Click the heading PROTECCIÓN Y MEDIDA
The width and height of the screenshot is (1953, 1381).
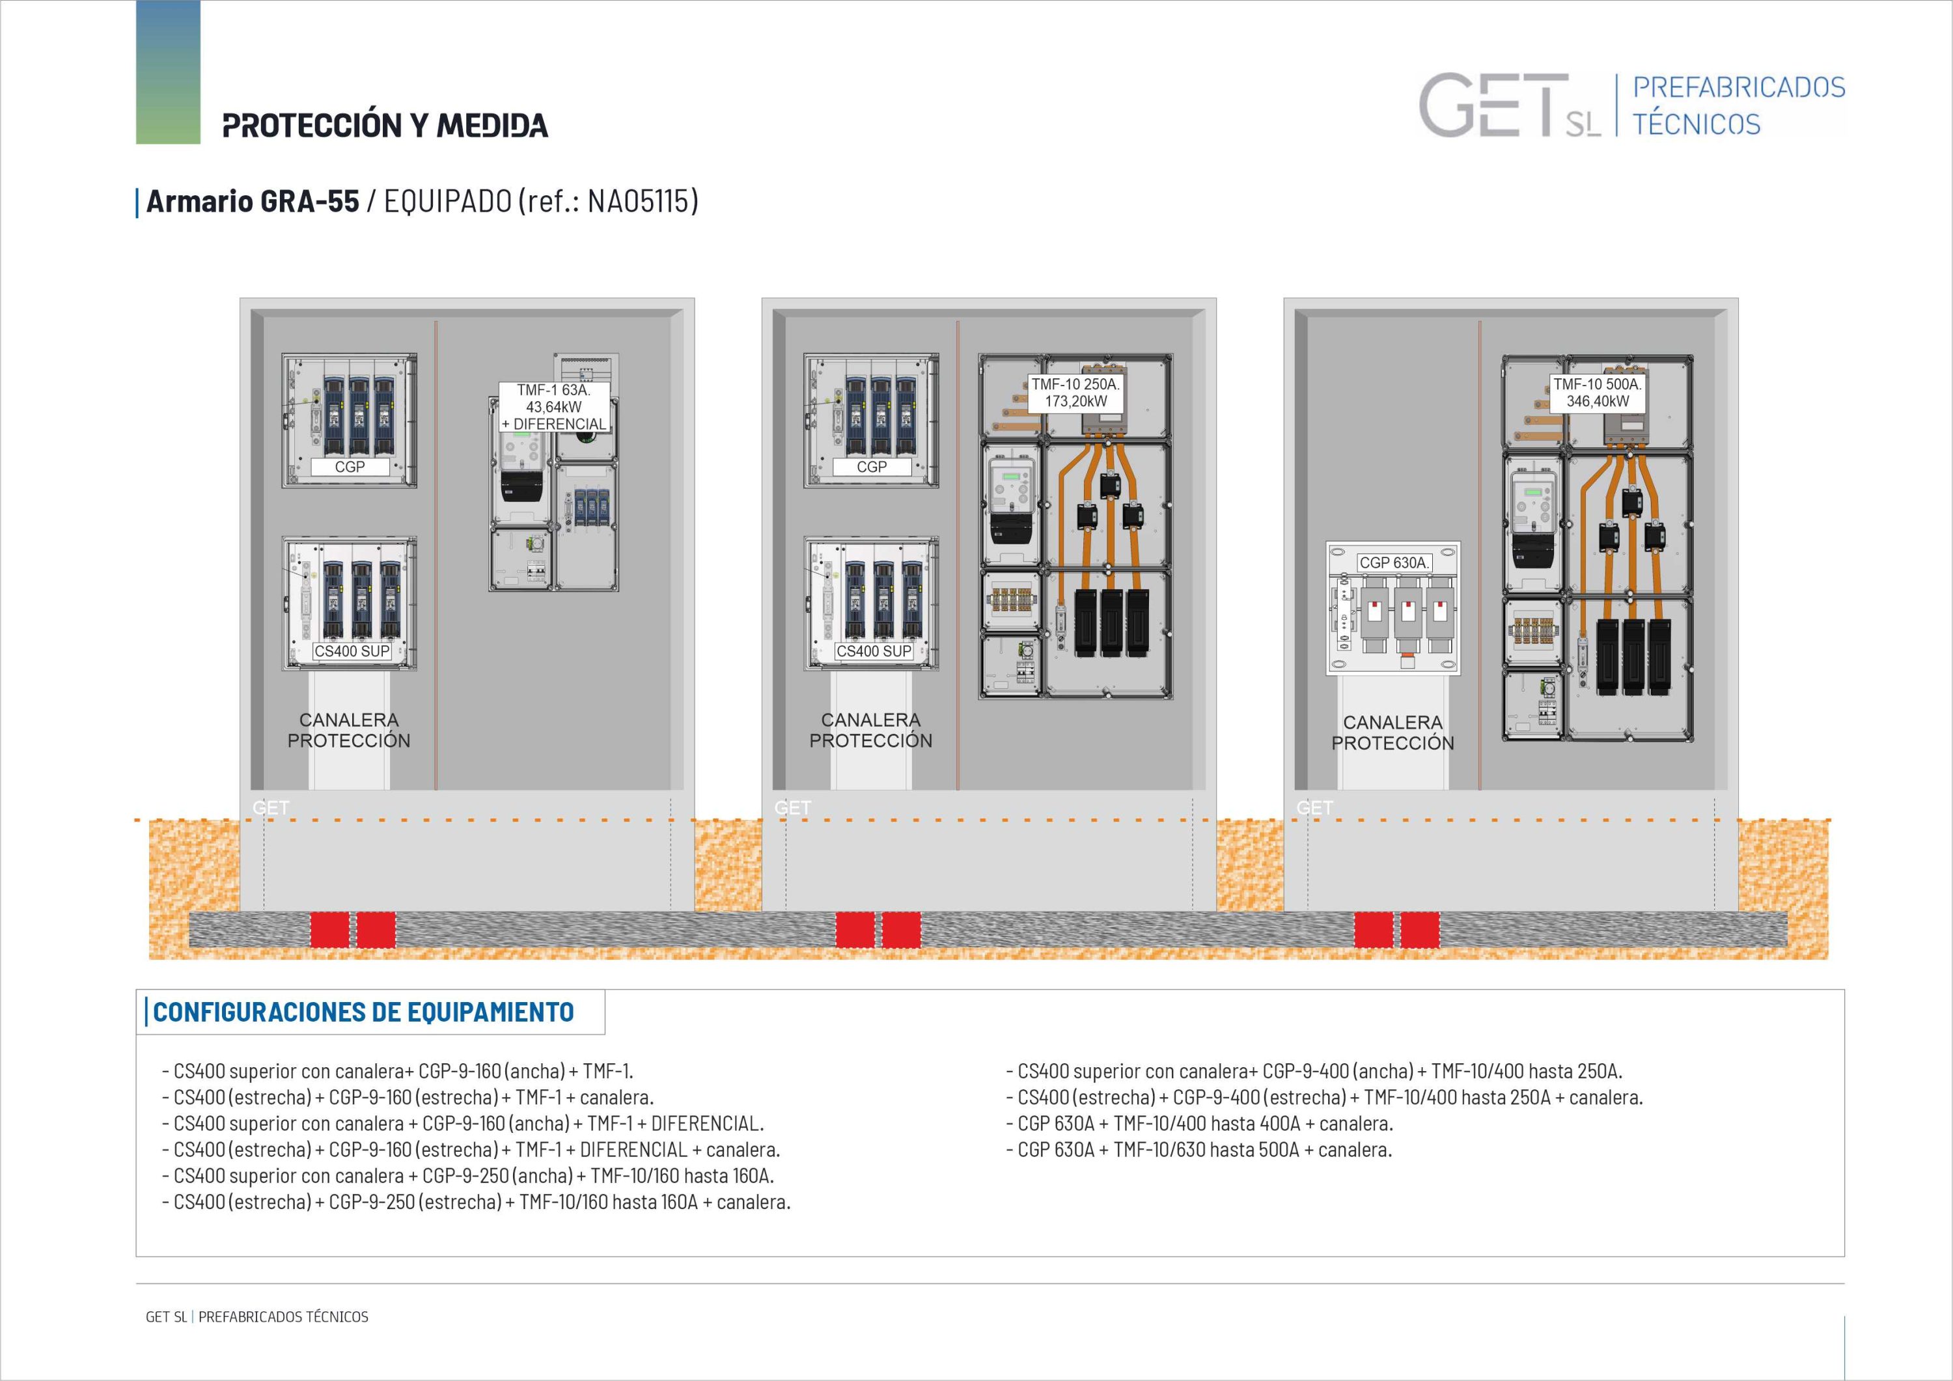385,125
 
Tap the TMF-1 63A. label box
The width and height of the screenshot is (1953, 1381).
554,407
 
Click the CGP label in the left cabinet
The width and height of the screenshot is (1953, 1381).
350,466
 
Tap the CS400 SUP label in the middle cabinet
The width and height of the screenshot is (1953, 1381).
874,651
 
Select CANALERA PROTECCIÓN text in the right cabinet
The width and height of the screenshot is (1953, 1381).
1392,732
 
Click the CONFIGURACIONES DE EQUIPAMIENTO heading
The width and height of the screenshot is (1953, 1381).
363,1012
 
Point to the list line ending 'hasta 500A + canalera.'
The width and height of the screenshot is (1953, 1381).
1198,1150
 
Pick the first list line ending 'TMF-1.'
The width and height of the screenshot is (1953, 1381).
397,1071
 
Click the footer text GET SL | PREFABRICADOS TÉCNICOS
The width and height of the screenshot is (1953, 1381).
257,1317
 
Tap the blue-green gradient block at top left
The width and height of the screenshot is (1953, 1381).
169,72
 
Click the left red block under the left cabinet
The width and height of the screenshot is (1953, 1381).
329,929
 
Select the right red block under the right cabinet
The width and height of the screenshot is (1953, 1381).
1420,929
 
